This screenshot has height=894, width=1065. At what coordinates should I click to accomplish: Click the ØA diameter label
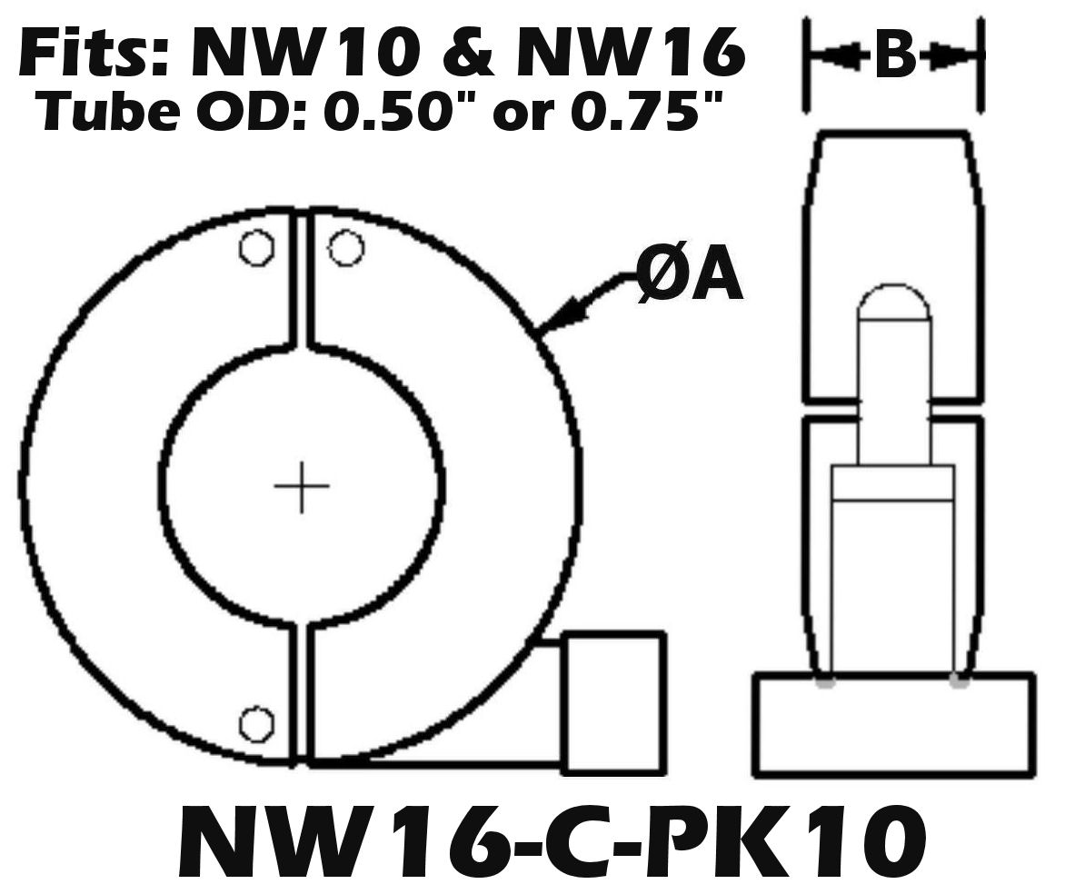click(689, 278)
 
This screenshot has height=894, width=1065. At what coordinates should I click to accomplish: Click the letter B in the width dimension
click(895, 57)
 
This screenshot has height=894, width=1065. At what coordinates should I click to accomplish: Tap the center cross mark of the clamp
click(302, 486)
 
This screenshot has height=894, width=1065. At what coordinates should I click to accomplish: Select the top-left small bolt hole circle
click(256, 248)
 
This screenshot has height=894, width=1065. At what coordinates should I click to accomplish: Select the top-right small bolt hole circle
click(345, 248)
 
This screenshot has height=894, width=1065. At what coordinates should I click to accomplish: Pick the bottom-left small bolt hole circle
click(256, 724)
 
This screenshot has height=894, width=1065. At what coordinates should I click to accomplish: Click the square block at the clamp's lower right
click(614, 703)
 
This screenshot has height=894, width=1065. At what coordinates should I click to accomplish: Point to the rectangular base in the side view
click(893, 724)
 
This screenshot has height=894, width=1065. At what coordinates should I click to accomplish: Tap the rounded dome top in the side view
click(893, 303)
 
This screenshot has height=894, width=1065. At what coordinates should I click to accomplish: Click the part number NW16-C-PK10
click(551, 843)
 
